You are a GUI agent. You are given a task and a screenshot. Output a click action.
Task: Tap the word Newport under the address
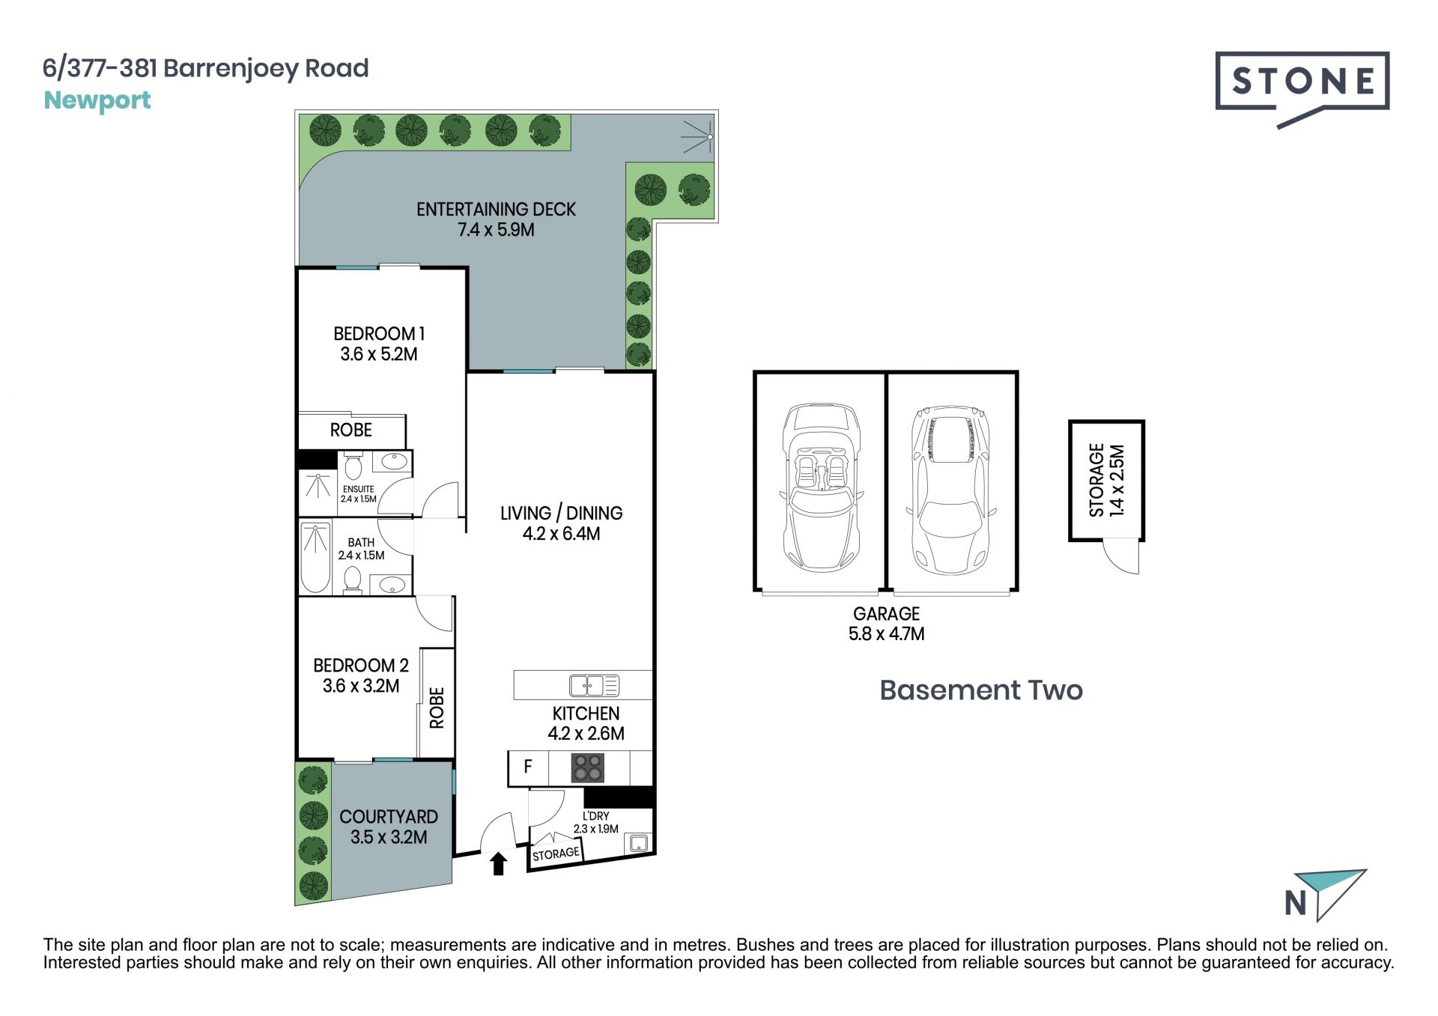click(97, 100)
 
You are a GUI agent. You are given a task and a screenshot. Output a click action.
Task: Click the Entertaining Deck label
click(496, 219)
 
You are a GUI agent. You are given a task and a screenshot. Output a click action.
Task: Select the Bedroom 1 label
click(379, 344)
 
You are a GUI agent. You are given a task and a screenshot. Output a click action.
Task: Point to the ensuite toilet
click(353, 465)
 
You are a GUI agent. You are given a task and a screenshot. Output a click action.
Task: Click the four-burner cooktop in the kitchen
click(587, 768)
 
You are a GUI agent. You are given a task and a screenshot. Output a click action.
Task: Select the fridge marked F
click(528, 767)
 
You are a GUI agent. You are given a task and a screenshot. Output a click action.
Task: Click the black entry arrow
click(498, 863)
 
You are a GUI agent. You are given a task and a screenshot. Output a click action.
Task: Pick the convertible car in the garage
click(821, 488)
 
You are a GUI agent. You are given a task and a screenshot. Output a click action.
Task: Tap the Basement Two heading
click(981, 690)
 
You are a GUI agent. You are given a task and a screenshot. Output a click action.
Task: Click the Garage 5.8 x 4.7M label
click(886, 624)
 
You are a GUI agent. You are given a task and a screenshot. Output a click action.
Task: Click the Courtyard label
click(389, 827)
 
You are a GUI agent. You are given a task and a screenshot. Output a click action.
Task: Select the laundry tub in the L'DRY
click(638, 843)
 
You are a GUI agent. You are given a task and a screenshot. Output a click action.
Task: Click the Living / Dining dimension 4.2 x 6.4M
click(561, 534)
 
